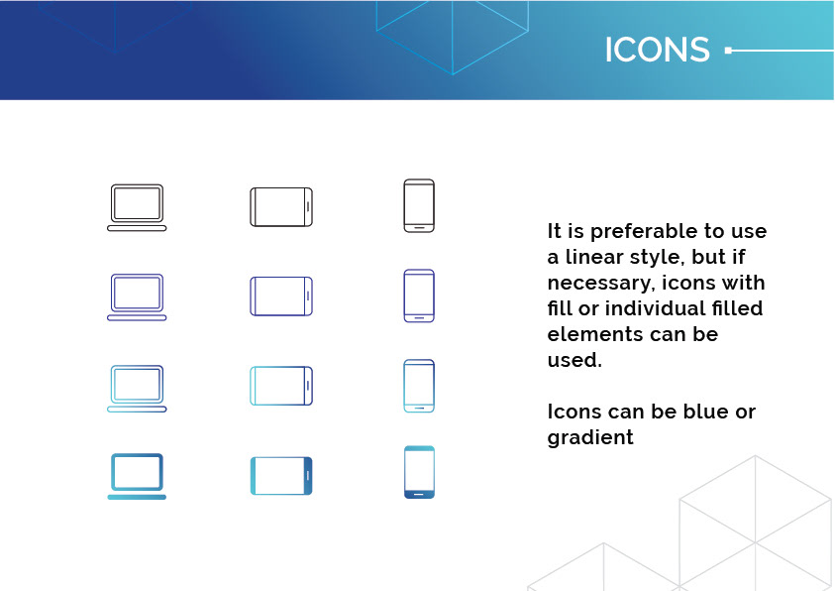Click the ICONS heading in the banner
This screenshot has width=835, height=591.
[657, 50]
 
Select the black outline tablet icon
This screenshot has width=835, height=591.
[281, 187]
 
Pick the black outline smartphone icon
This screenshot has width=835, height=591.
[419, 180]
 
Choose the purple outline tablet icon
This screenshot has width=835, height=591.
[281, 277]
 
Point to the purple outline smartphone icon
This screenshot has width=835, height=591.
[419, 270]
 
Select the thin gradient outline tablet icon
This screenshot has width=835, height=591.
[281, 367]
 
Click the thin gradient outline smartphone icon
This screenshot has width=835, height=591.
[419, 360]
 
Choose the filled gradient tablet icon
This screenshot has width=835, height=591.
[281, 458]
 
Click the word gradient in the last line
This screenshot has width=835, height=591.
[590, 438]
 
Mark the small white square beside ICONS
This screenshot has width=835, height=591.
[728, 51]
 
